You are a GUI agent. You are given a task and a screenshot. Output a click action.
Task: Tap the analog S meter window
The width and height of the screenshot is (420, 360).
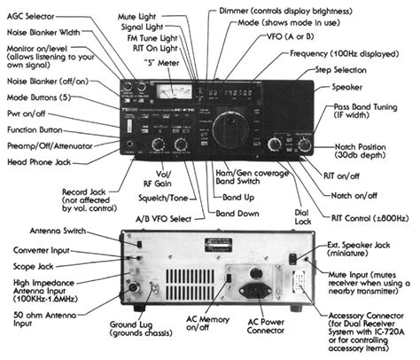(167, 91)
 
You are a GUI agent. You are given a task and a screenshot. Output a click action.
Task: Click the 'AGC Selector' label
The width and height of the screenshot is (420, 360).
(33, 18)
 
